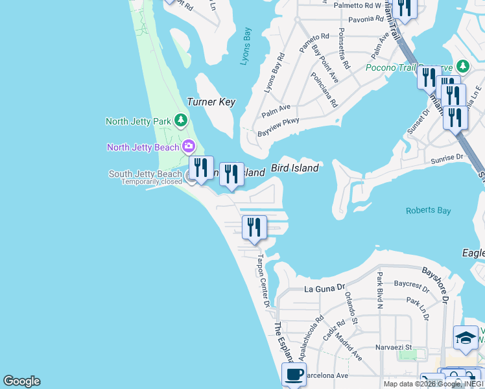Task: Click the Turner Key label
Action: tap(211, 102)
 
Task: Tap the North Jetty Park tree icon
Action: tap(182, 121)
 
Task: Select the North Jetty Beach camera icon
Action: tap(189, 147)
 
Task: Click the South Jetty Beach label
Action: tap(145, 174)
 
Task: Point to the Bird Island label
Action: tap(294, 168)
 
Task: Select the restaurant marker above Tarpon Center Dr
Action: tap(254, 227)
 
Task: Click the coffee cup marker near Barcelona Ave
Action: tap(294, 374)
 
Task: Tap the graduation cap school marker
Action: tap(465, 337)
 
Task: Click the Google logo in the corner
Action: tap(21, 381)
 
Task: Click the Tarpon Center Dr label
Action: tap(263, 280)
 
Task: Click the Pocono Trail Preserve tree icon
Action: tap(462, 66)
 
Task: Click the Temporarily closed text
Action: tap(152, 182)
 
